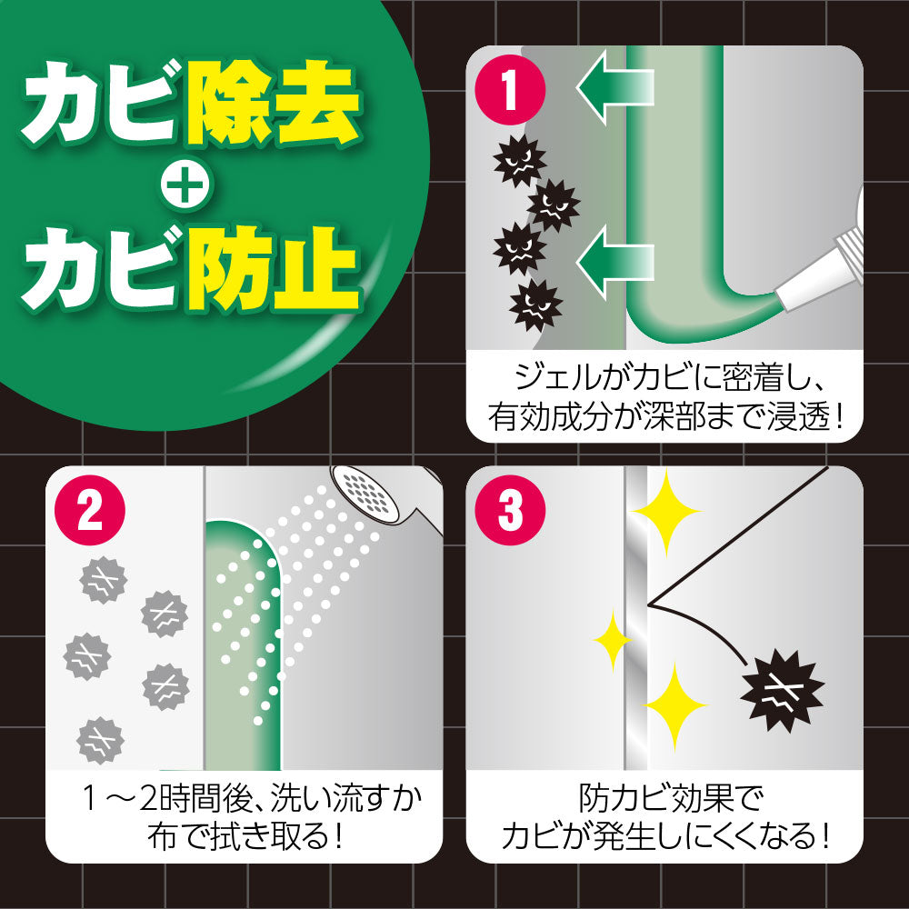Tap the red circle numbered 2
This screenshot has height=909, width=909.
[90, 511]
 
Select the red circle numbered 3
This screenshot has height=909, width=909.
[510, 511]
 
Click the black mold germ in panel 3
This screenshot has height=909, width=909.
[783, 692]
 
